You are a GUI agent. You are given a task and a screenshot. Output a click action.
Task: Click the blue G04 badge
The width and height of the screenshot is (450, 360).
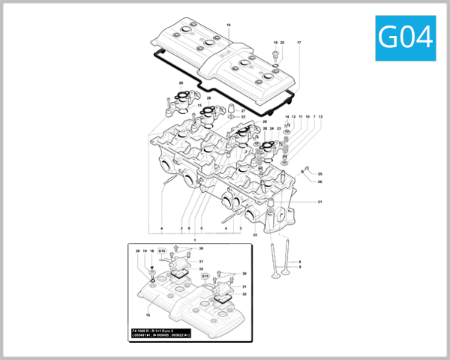[406, 36]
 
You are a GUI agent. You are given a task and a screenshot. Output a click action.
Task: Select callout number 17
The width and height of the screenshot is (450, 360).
[298, 43]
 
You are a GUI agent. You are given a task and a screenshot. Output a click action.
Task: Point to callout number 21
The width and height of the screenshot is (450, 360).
[320, 202]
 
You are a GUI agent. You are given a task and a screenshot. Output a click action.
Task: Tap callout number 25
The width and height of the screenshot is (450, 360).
[319, 174]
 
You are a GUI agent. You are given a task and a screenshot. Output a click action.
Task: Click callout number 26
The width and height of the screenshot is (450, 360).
[319, 181]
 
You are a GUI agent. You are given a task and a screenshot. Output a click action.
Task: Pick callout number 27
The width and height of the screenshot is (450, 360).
[243, 111]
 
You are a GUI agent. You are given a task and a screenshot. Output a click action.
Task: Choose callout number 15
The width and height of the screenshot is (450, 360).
[199, 106]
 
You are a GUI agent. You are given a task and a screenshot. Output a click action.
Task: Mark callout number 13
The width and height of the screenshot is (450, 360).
[320, 117]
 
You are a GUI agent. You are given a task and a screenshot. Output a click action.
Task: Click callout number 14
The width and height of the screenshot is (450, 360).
[286, 117]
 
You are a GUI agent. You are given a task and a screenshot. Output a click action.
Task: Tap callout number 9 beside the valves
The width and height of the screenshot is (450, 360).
[300, 266]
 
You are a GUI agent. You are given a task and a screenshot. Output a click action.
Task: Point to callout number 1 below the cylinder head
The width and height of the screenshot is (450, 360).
[195, 239]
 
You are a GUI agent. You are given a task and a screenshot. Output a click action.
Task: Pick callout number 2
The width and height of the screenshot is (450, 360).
[181, 227]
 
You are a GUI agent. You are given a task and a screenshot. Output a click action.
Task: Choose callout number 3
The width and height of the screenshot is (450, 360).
[241, 227]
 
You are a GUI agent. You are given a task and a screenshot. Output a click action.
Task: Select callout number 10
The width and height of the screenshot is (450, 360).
[307, 117]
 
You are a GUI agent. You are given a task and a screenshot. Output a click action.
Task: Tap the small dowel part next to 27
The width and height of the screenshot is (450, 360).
[229, 117]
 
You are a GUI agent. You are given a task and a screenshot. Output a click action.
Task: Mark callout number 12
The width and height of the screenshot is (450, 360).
[293, 117]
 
